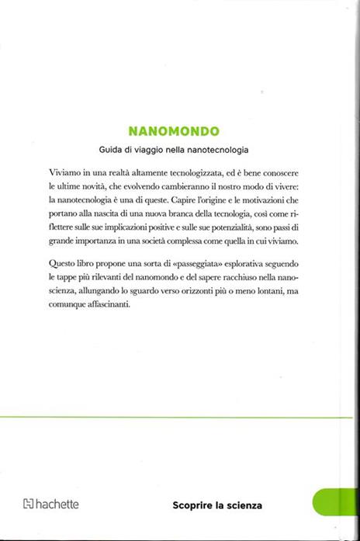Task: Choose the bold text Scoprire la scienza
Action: click(x=218, y=505)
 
